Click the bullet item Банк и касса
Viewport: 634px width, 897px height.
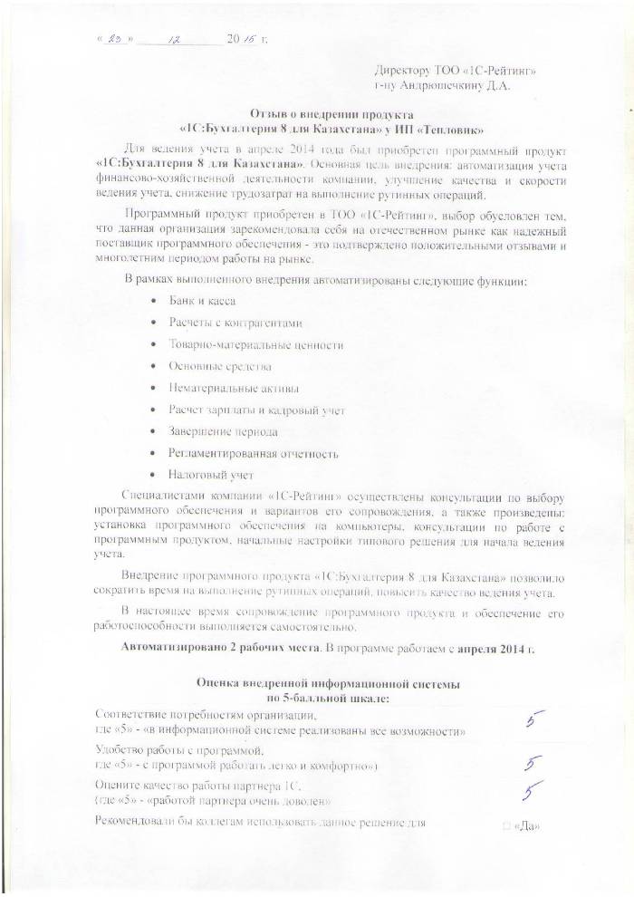pos(200,302)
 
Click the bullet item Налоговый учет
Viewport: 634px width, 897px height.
pos(210,475)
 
